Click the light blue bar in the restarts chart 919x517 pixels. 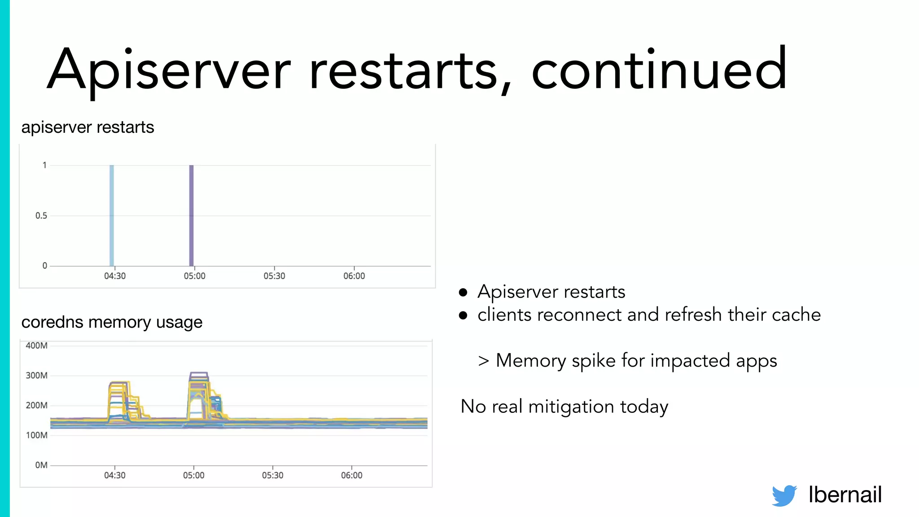point(112,215)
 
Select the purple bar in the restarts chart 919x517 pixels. point(191,215)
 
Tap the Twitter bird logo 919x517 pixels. point(784,495)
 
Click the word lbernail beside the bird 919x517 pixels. point(845,495)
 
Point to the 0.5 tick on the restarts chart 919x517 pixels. point(41,216)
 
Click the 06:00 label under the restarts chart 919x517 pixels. point(354,276)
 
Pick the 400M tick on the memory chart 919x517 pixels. point(36,346)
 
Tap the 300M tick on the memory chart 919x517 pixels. point(36,376)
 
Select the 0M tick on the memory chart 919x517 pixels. point(41,465)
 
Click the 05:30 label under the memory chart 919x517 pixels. point(273,475)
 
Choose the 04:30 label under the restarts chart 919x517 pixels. point(115,276)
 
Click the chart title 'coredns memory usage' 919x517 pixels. point(112,322)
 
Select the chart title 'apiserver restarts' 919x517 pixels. point(88,127)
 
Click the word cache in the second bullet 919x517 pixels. point(796,315)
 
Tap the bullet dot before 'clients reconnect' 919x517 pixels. point(463,315)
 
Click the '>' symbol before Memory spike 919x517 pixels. point(483,361)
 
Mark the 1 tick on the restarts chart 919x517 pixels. point(44,165)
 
